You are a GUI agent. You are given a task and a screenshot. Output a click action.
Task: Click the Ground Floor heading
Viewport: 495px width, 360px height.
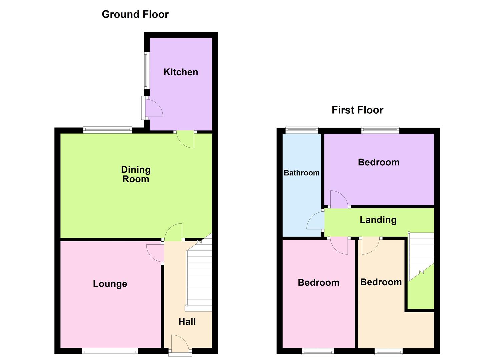click(x=135, y=14)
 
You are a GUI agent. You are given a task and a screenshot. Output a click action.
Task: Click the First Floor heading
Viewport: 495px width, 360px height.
click(x=357, y=110)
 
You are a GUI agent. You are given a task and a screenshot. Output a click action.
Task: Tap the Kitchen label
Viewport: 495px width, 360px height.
click(x=181, y=72)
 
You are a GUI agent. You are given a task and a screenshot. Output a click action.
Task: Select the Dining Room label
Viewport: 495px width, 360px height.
click(x=136, y=174)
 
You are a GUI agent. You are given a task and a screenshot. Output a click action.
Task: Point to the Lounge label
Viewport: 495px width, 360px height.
click(x=110, y=284)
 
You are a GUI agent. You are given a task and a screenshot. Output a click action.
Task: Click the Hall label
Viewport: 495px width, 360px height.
click(x=187, y=322)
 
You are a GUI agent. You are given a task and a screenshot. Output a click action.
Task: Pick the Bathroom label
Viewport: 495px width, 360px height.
click(x=302, y=173)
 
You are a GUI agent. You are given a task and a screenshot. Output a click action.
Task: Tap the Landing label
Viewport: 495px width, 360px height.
click(x=378, y=220)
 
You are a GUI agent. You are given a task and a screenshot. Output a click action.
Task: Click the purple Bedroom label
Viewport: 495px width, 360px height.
click(x=379, y=162)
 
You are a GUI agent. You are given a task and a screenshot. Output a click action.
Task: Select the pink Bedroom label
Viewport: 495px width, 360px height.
click(x=318, y=283)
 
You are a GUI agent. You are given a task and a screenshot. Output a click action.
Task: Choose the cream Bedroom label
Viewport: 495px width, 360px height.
click(x=381, y=282)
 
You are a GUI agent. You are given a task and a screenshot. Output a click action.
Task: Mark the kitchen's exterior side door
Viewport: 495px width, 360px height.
click(x=152, y=108)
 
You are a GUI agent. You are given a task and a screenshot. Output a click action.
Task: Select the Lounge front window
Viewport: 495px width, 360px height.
click(x=110, y=351)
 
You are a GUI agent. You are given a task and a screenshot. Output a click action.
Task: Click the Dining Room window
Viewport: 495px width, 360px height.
click(x=107, y=130)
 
